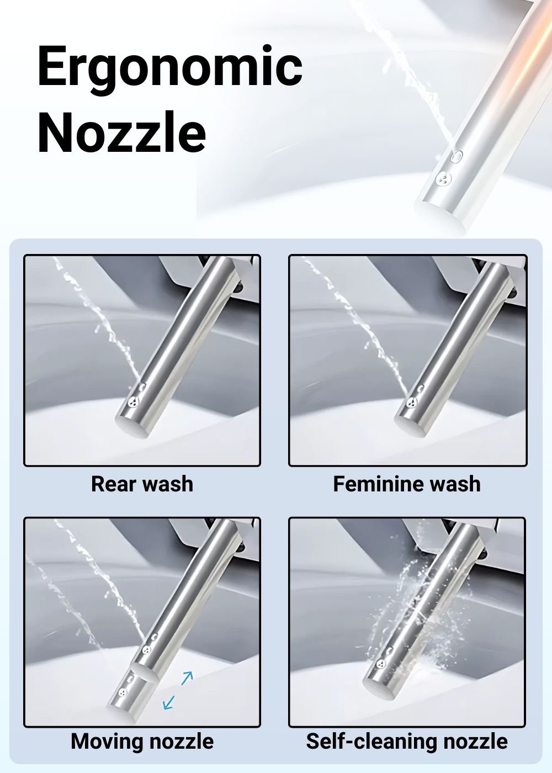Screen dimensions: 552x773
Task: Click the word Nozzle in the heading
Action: [122, 133]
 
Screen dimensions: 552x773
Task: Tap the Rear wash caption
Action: [142, 484]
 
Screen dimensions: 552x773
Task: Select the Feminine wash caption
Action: [407, 484]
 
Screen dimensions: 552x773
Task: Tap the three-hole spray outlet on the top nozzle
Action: [443, 178]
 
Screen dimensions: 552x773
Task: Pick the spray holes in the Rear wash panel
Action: [134, 401]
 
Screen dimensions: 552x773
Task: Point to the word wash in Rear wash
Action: [168, 484]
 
